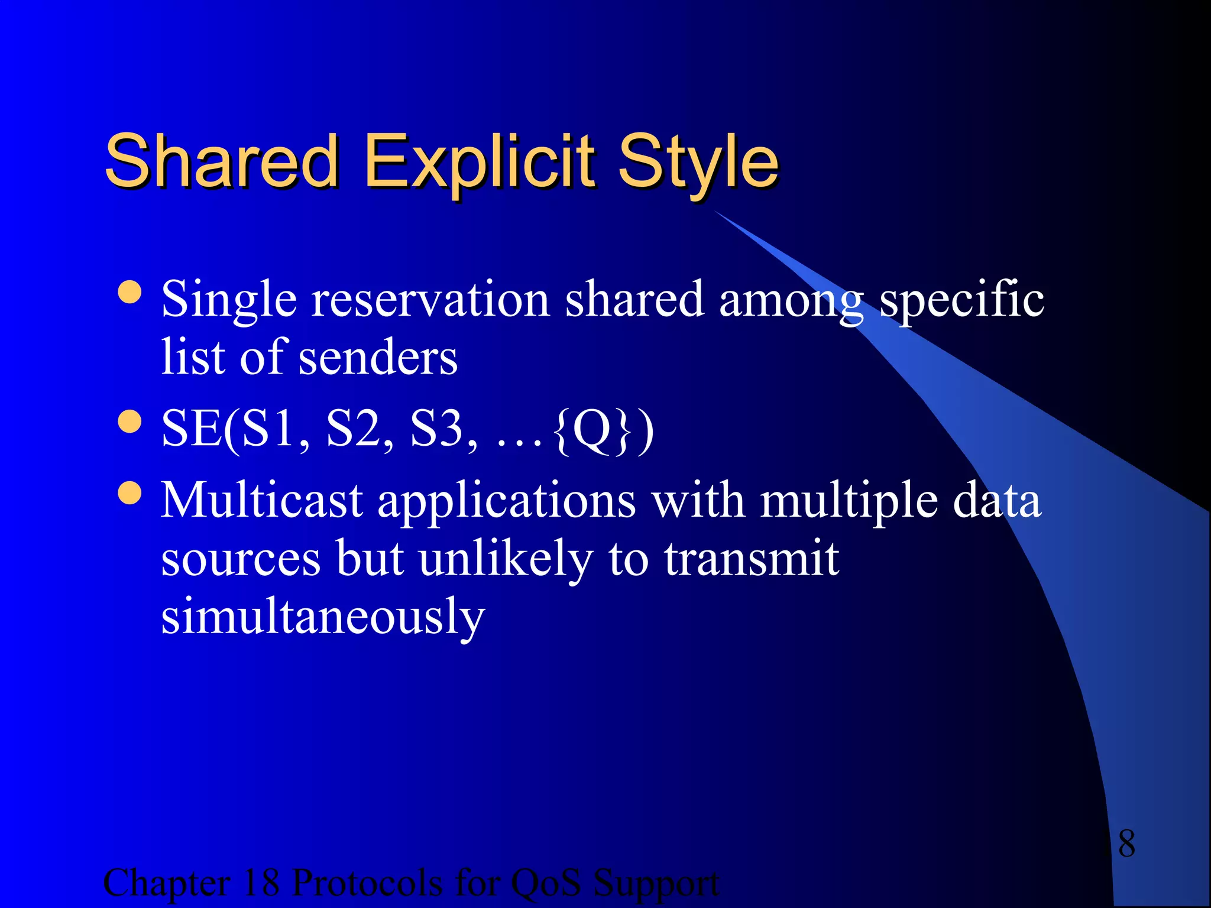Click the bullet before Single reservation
129,292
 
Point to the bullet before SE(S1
129,422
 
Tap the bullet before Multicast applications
129,493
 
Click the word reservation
430,300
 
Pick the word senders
378,358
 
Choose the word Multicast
261,501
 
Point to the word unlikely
506,559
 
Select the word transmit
751,559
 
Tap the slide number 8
1126,844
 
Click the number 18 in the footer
260,883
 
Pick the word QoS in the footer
545,883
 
